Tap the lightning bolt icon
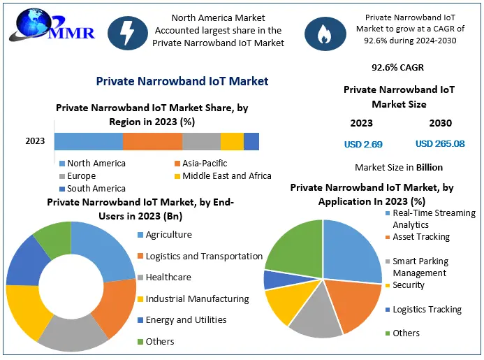coord(128,32)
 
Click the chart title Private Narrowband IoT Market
coord(182,82)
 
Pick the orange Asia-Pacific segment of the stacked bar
coord(152,141)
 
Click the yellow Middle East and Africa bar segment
coord(232,141)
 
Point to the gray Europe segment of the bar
coord(201,141)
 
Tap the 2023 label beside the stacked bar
coord(35,141)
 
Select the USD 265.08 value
coord(440,144)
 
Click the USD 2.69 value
coord(362,144)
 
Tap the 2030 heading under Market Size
coord(440,124)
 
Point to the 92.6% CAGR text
coord(398,68)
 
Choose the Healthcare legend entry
coord(168,278)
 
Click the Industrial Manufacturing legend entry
coord(197,299)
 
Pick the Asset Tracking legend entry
coord(421,237)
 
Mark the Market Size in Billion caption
coord(399,168)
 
